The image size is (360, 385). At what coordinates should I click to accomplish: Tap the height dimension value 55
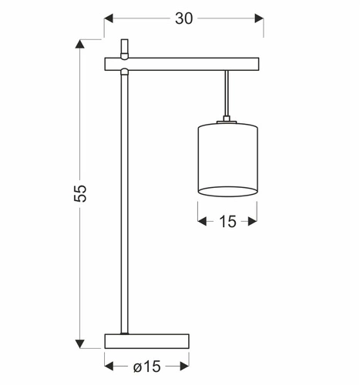81,192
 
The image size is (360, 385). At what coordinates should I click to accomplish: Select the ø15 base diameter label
146,366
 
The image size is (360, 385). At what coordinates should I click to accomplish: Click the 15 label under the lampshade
227,222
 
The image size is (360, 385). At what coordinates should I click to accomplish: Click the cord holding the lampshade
227,92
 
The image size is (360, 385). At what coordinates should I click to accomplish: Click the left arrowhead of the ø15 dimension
110,366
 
